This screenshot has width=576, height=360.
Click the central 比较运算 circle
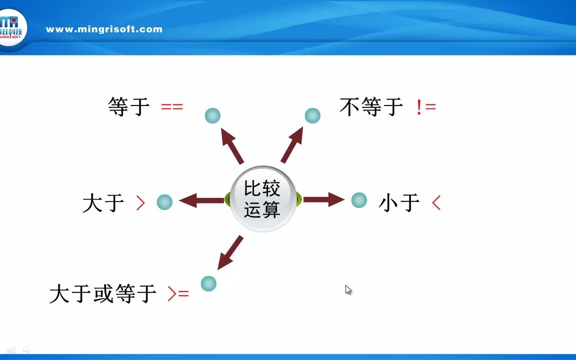263,199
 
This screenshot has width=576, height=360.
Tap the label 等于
129,106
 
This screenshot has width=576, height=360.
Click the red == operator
172,106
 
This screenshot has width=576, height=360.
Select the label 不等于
371,106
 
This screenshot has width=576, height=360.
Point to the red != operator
426,107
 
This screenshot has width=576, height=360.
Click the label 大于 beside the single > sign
103,203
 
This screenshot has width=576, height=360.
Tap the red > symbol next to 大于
140,202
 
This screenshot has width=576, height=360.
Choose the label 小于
399,203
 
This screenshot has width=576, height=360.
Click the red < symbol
436,202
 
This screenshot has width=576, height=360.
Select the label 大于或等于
103,293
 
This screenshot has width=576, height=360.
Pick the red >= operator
178,293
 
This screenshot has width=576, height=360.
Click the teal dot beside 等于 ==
212,116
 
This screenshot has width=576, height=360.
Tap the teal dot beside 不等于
312,116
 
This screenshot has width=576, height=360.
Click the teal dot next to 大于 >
164,202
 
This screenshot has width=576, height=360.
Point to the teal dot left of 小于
359,200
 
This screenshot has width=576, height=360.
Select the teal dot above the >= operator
208,283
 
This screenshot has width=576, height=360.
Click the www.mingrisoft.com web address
104,29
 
